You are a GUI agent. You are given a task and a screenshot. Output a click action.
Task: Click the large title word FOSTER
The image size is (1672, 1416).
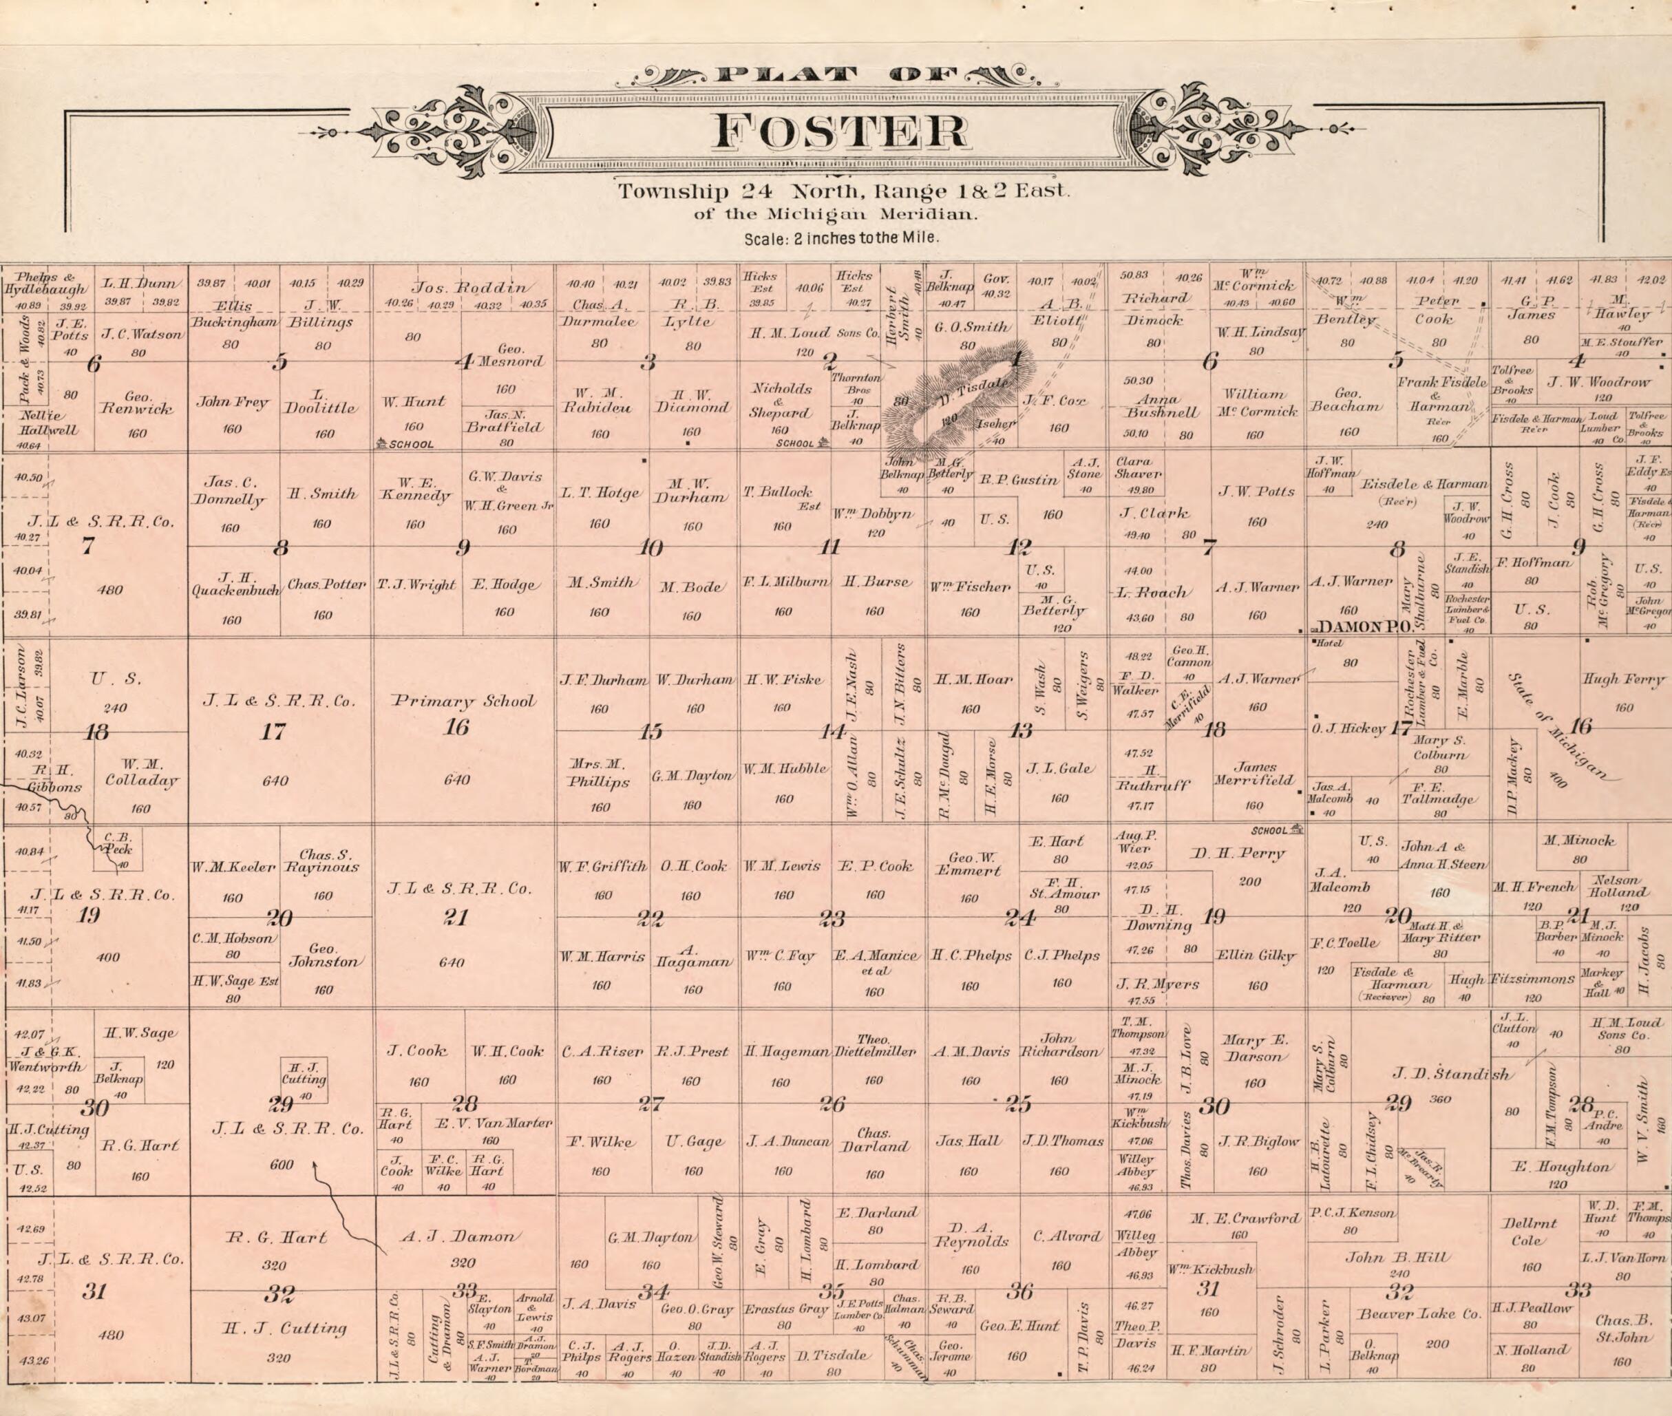840,132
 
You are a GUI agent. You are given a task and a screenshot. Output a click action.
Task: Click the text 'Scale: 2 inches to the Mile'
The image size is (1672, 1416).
840,238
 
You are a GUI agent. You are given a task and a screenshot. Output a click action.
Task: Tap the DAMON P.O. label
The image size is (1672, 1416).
1364,628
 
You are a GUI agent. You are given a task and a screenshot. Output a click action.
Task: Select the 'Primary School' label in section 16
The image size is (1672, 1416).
464,701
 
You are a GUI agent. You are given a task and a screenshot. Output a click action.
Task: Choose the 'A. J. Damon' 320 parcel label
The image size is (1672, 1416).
463,1237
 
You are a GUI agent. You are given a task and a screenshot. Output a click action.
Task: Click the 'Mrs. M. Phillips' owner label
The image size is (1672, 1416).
598,773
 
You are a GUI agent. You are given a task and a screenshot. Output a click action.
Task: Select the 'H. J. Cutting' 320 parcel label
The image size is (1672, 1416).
285,1329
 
